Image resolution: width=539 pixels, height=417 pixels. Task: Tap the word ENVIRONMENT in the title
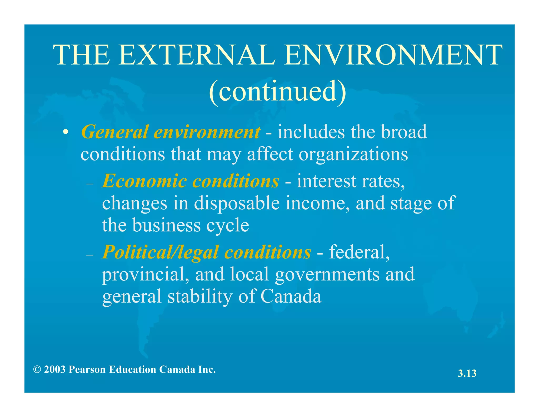pyautogui.click(x=393, y=55)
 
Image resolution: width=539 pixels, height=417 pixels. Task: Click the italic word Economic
pyautogui.click(x=144, y=181)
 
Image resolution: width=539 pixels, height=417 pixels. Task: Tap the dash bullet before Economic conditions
pyautogui.click(x=90, y=184)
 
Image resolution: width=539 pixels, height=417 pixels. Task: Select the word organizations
pyautogui.click(x=353, y=154)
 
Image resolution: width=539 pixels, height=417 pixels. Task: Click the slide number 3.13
pyautogui.click(x=467, y=374)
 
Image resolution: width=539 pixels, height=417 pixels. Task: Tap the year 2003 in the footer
pyautogui.click(x=55, y=370)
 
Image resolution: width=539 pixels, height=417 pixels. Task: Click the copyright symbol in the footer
pyautogui.click(x=37, y=370)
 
